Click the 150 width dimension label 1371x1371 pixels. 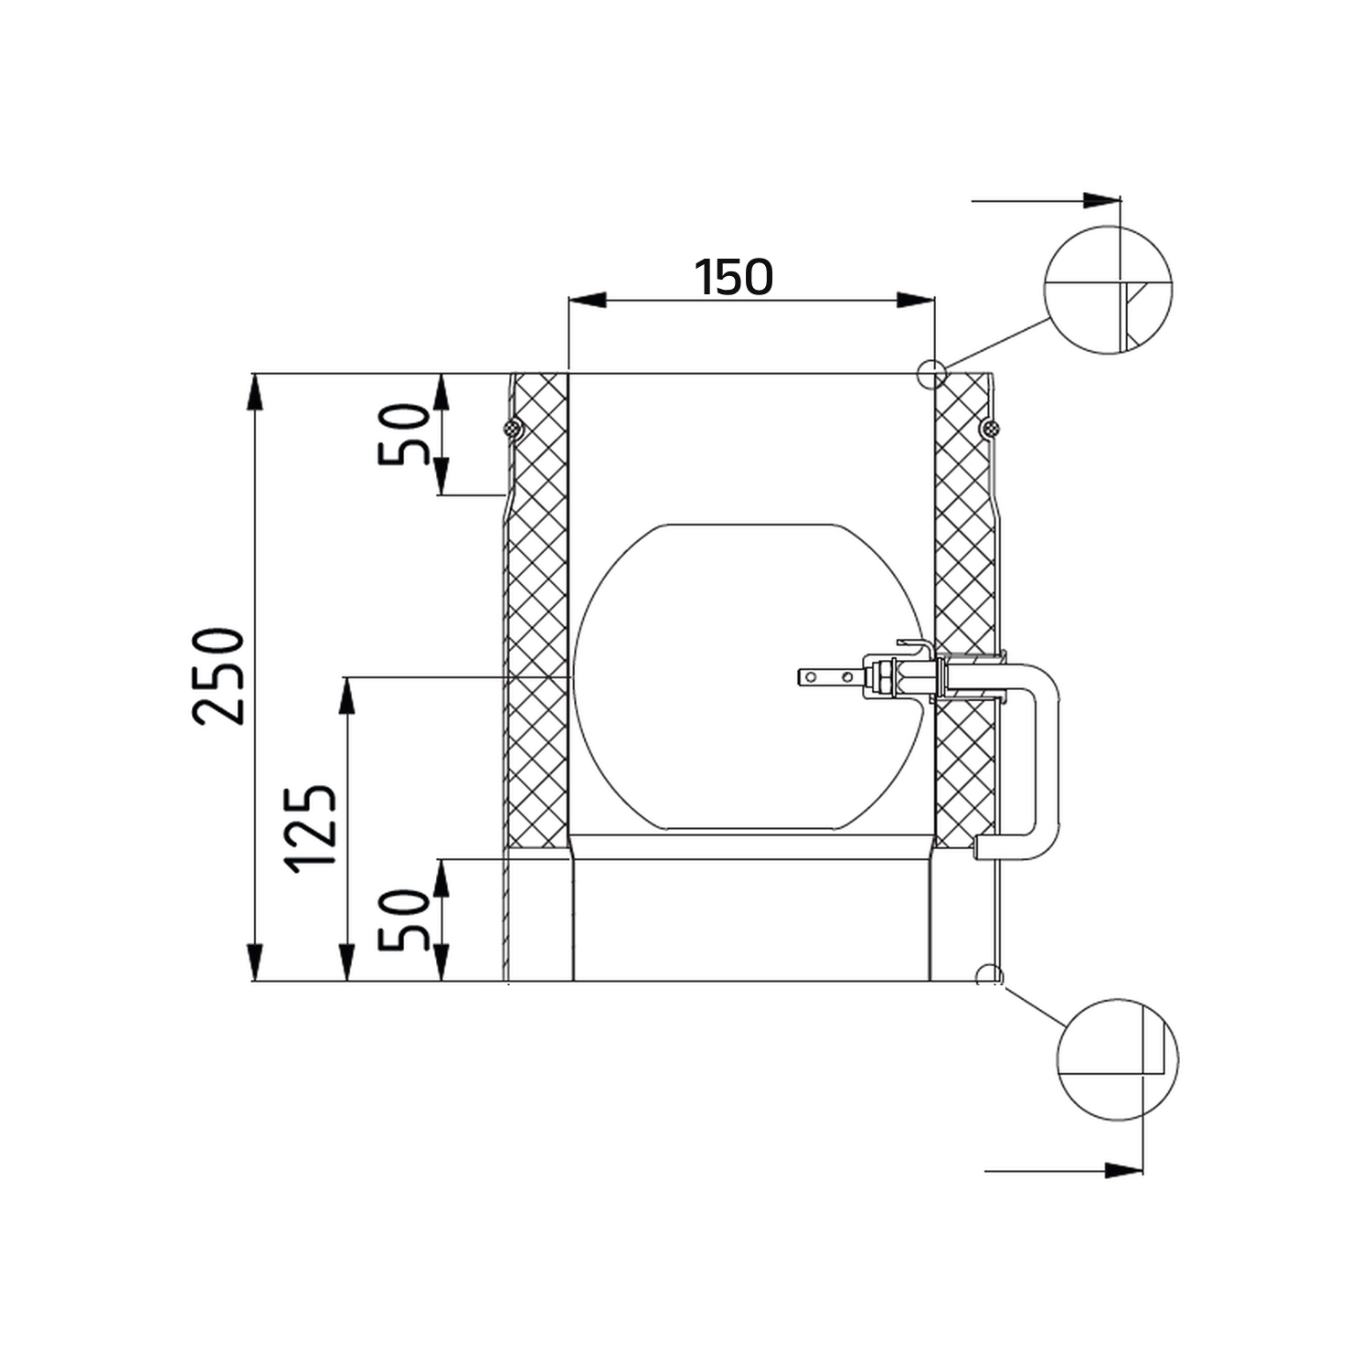coord(733,277)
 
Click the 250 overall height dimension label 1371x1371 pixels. coord(219,676)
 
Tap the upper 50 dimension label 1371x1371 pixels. coord(404,435)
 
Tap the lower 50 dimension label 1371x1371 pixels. coord(404,920)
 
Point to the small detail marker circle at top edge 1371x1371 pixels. coord(931,374)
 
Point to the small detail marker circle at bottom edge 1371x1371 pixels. coord(988,975)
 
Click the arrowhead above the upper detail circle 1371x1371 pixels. coord(1102,200)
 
